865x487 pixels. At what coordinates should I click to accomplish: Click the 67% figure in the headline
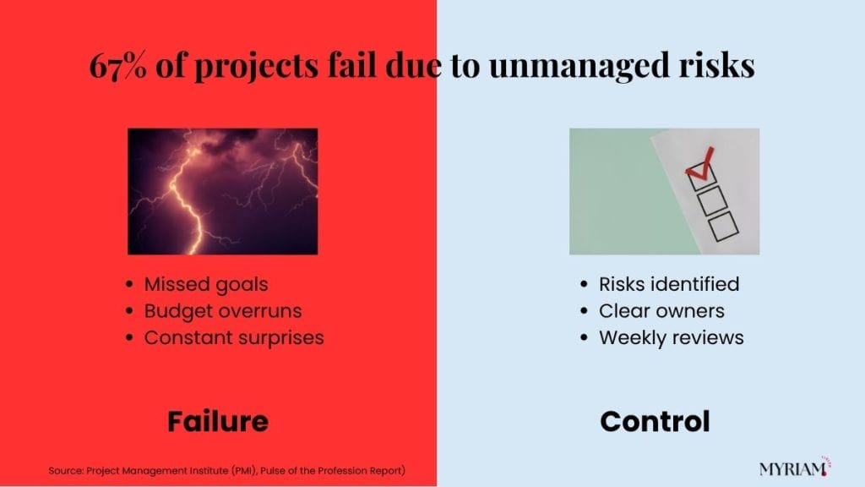118,65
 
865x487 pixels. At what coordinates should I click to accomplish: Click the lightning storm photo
223,192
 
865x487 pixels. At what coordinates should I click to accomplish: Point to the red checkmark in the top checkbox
699,165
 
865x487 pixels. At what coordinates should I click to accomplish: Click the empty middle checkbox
711,200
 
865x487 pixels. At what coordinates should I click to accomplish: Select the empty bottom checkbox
723,226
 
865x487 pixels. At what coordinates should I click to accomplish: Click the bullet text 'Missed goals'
206,284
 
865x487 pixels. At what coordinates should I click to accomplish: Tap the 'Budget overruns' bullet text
223,311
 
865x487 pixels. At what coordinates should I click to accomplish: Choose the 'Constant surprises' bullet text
234,337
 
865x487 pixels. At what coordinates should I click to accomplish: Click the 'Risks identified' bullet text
669,284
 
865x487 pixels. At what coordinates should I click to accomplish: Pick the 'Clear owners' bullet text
661,311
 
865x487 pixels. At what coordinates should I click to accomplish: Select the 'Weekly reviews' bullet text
672,337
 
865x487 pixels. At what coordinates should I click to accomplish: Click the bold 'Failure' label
218,421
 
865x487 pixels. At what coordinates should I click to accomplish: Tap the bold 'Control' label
655,421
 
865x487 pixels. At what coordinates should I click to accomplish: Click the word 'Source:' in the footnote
66,471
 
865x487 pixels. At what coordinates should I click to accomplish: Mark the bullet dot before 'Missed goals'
129,284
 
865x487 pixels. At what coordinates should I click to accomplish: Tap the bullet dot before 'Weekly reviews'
585,337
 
